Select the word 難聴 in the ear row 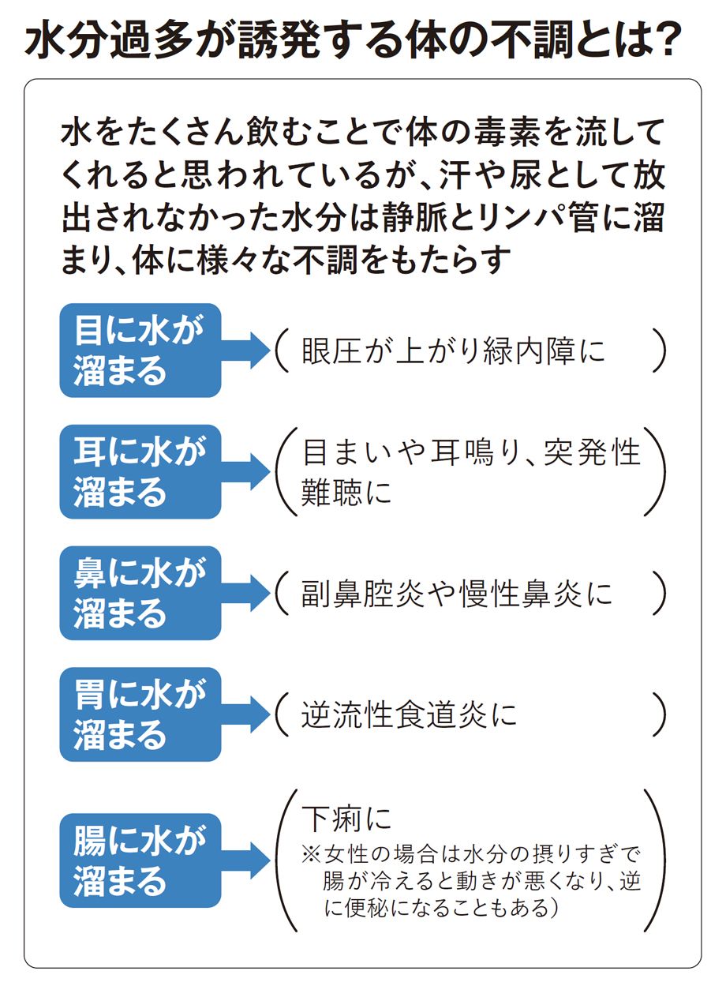coord(331,493)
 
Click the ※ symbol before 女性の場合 coord(309,855)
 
